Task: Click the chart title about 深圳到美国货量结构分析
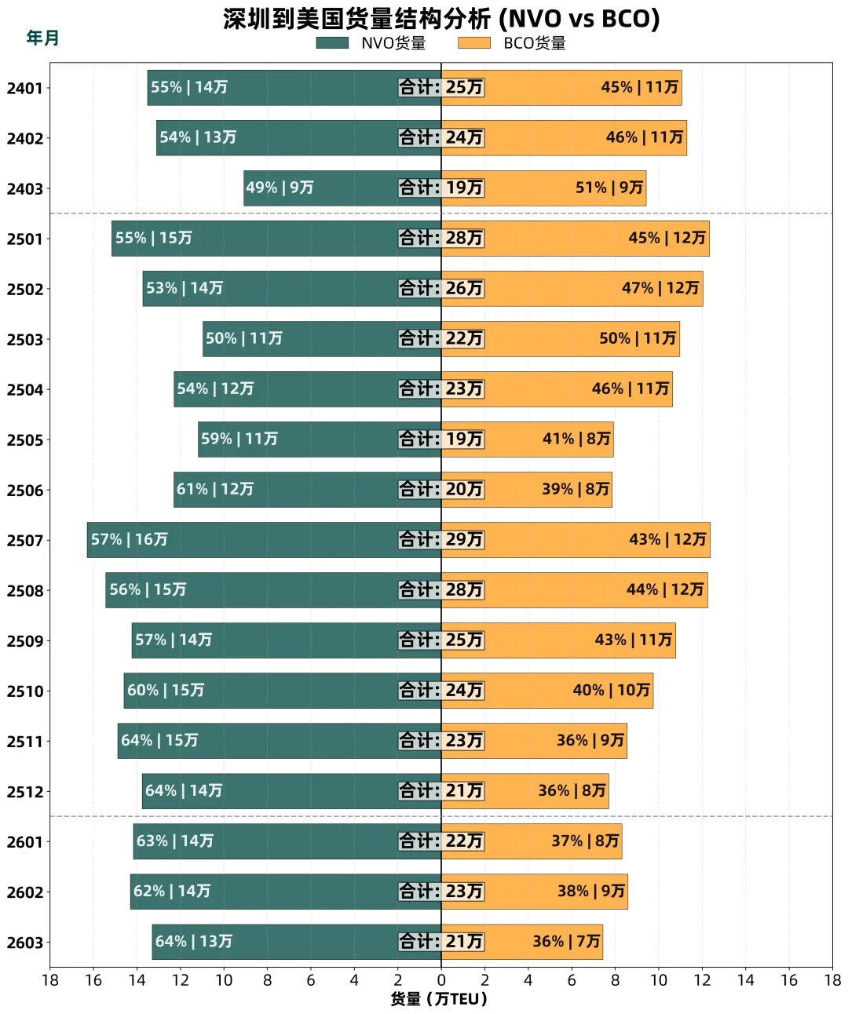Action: pyautogui.click(x=441, y=19)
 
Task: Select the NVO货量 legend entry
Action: pyautogui.click(x=371, y=43)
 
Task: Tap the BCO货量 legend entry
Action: pyautogui.click(x=512, y=43)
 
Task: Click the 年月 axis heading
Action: pyautogui.click(x=42, y=38)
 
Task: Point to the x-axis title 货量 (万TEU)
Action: pyautogui.click(x=439, y=998)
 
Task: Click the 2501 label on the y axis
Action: pyautogui.click(x=25, y=239)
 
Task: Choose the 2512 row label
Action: pyautogui.click(x=25, y=791)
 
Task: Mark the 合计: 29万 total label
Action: pyautogui.click(x=441, y=540)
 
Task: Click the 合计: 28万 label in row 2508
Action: pyautogui.click(x=441, y=590)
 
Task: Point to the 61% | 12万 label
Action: pyautogui.click(x=215, y=490)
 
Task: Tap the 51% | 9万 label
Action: pyautogui.click(x=609, y=188)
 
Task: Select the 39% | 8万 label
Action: pyautogui.click(x=576, y=490)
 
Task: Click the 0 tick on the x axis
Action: pyautogui.click(x=441, y=979)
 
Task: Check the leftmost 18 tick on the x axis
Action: pyautogui.click(x=50, y=979)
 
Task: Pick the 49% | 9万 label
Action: pyautogui.click(x=280, y=188)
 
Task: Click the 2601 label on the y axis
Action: pyautogui.click(x=25, y=841)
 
